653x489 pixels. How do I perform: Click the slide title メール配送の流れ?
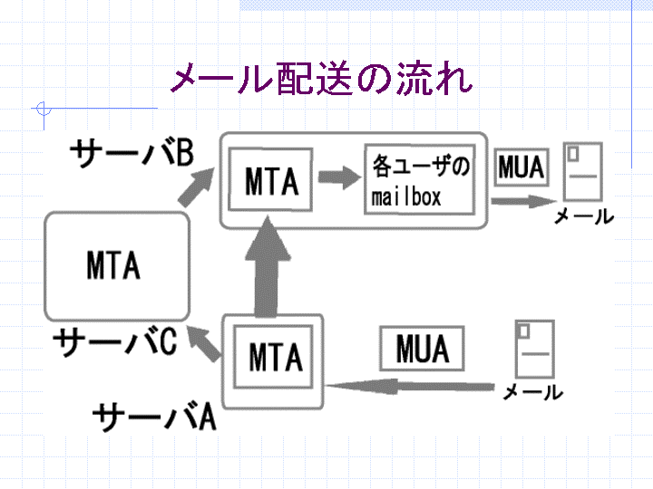tap(322, 78)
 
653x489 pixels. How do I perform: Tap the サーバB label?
tap(132, 153)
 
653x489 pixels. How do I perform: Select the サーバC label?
tap(115, 341)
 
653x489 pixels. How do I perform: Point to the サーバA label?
tap(154, 417)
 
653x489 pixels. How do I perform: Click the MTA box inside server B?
tap(270, 179)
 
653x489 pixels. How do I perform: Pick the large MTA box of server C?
tap(117, 266)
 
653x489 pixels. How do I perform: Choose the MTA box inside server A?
tap(273, 357)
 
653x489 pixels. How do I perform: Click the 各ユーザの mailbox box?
tap(420, 179)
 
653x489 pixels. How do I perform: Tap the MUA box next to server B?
tap(521, 168)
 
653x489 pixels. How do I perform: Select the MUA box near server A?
tap(422, 349)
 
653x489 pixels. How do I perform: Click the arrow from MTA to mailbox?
tap(339, 177)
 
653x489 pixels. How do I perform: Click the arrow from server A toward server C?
tap(203, 343)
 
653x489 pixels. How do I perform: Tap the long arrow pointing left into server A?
tap(410, 387)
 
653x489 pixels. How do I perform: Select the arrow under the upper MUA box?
tap(524, 201)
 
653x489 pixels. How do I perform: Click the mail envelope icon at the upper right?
tap(583, 172)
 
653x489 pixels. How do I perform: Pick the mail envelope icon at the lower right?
tap(535, 349)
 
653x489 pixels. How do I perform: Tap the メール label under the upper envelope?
tap(584, 216)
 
